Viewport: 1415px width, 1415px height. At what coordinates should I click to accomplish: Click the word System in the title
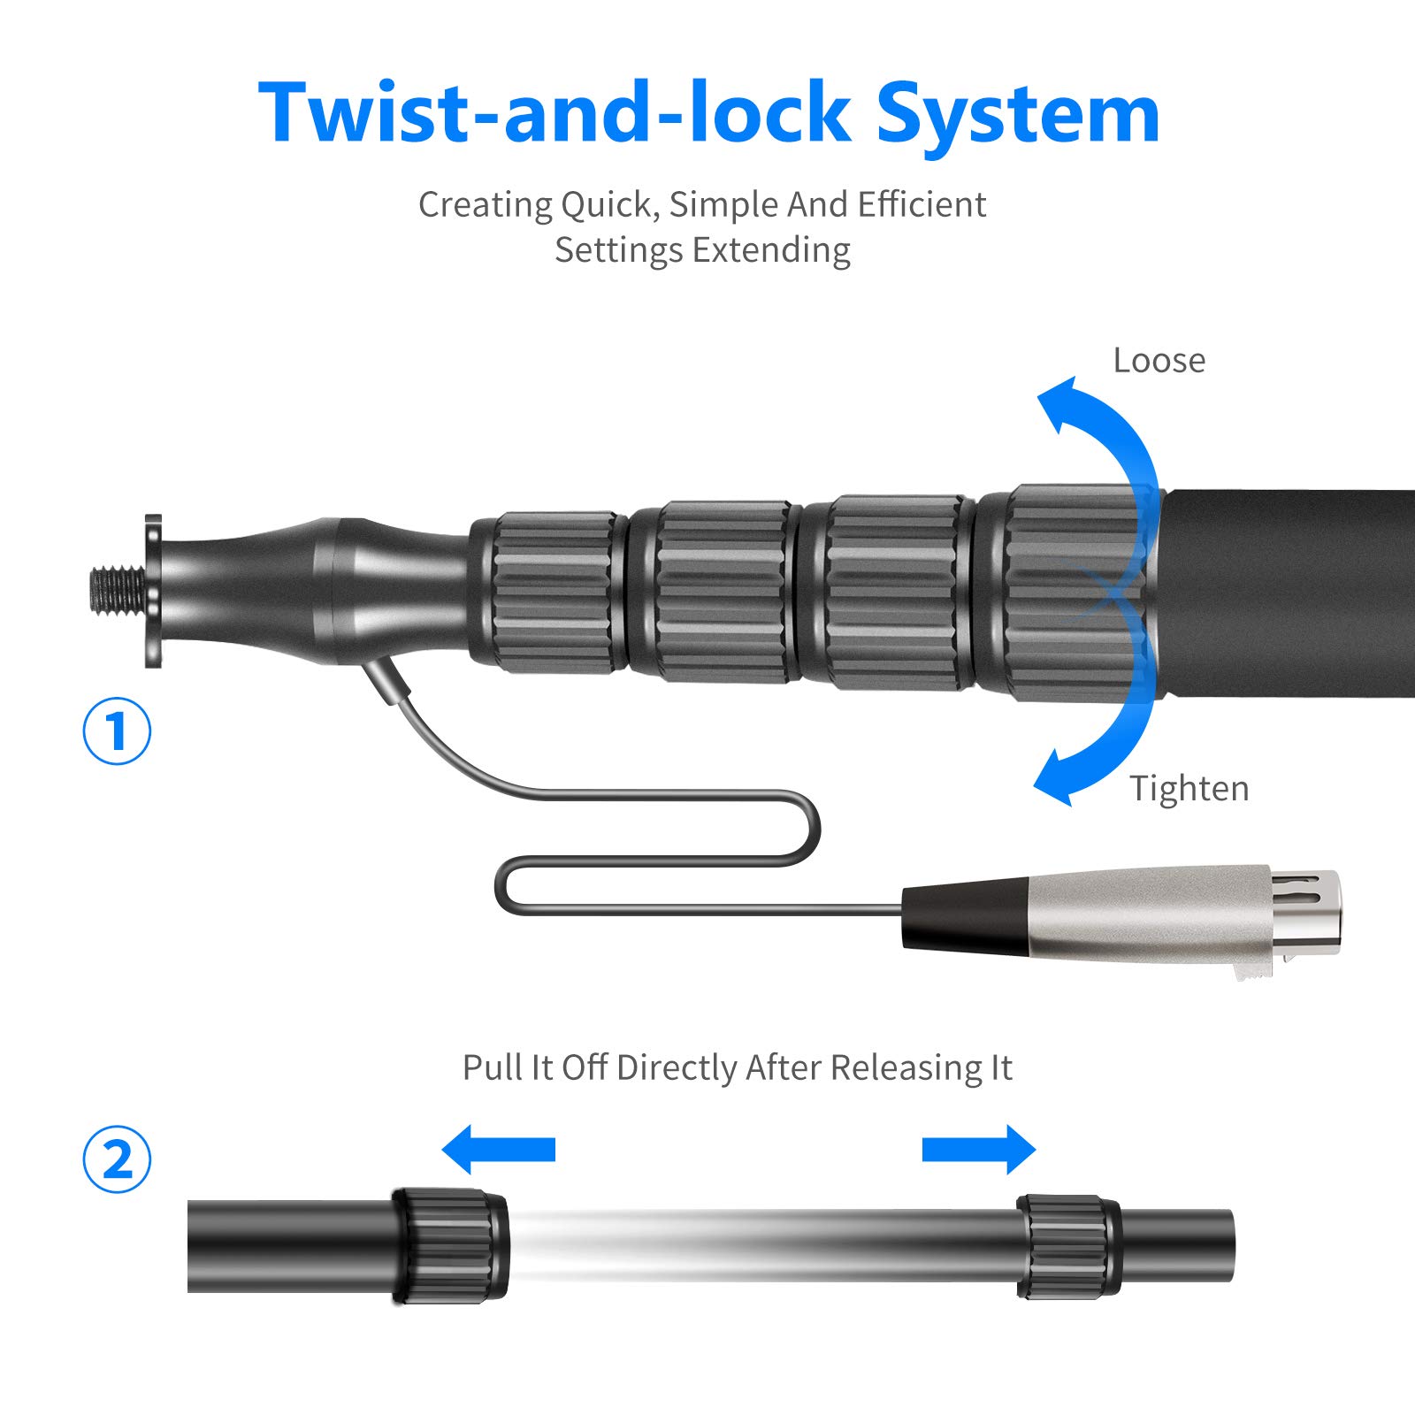(x=1017, y=115)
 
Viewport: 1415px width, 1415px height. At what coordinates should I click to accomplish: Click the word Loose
(x=1159, y=361)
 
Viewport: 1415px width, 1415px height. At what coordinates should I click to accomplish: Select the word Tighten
(x=1189, y=788)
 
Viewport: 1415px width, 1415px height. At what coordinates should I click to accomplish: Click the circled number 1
(x=117, y=731)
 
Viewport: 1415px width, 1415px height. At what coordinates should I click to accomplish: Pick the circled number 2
(x=117, y=1159)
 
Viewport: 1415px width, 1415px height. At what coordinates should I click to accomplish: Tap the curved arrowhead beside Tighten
(x=1057, y=778)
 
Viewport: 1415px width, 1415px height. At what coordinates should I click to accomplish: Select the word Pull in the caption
(x=492, y=1067)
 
